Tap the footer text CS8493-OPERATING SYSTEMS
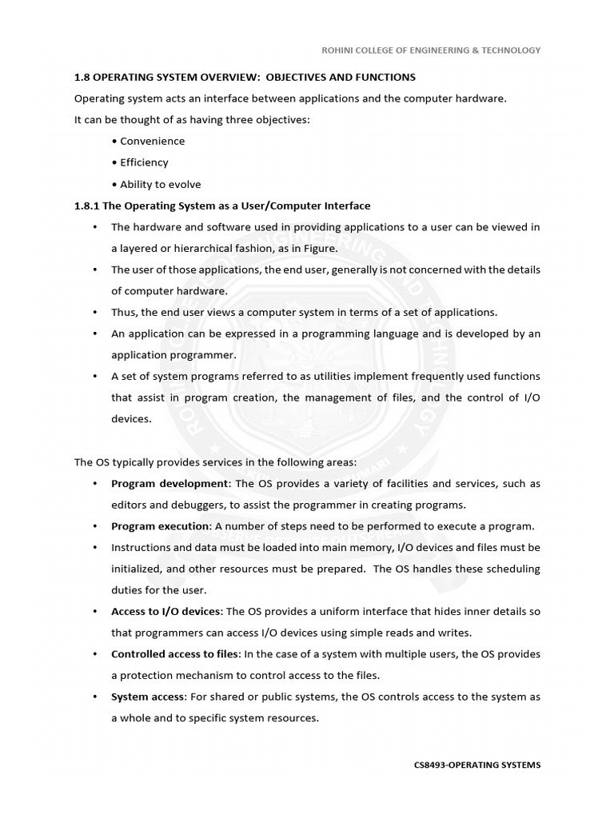coord(477,765)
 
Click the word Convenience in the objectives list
coord(152,141)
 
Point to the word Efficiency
coord(144,162)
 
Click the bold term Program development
coord(169,484)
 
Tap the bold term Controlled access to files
coord(169,654)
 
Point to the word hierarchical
coord(209,248)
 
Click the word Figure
coord(319,248)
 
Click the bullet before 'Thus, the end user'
coord(94,312)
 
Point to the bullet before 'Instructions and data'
coord(94,548)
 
